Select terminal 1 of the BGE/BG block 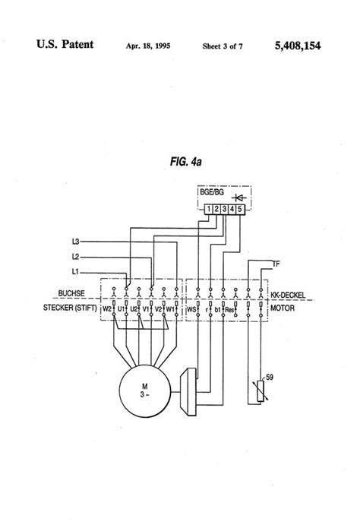pos(208,207)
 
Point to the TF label pos(276,263)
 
